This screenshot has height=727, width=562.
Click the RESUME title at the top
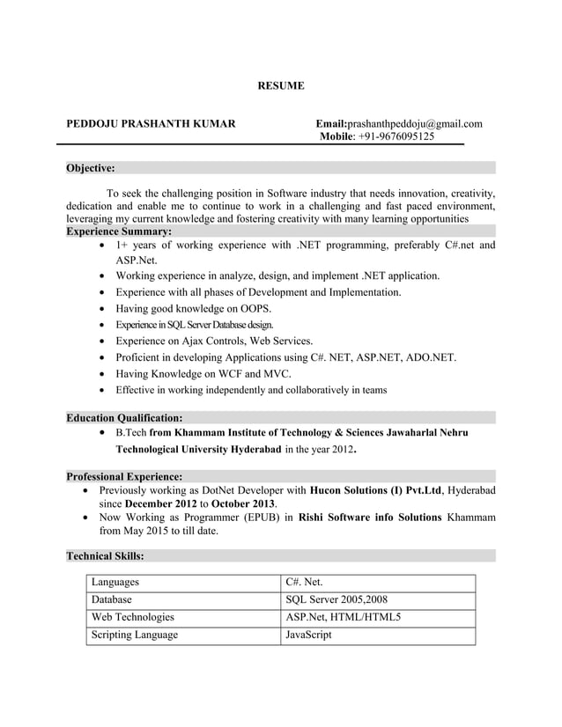click(280, 85)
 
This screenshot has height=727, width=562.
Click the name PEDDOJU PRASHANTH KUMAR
click(151, 124)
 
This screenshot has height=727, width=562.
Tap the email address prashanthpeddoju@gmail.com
click(415, 124)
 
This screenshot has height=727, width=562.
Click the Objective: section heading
click(91, 167)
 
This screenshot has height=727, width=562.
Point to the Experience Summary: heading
click(120, 231)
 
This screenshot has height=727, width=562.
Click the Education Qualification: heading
click(125, 417)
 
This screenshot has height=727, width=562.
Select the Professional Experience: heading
click(124, 476)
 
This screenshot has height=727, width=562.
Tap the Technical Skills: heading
click(106, 555)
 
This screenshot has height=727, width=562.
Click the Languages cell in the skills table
click(115, 582)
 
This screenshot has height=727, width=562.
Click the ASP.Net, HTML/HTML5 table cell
click(343, 617)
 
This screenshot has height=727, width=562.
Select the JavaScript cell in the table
click(308, 635)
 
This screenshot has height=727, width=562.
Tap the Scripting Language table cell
click(135, 635)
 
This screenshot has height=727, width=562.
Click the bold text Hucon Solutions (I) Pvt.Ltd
click(377, 489)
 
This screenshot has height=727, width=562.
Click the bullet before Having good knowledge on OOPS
click(106, 310)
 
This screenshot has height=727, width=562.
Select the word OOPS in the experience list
click(255, 309)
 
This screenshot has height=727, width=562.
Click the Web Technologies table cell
click(133, 617)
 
